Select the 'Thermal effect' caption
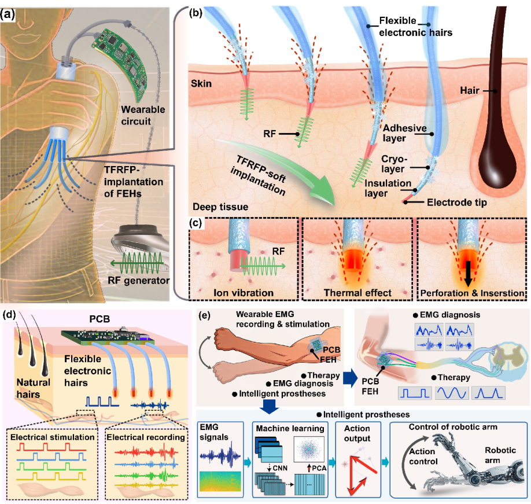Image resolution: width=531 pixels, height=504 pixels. pyautogui.click(x=352, y=293)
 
